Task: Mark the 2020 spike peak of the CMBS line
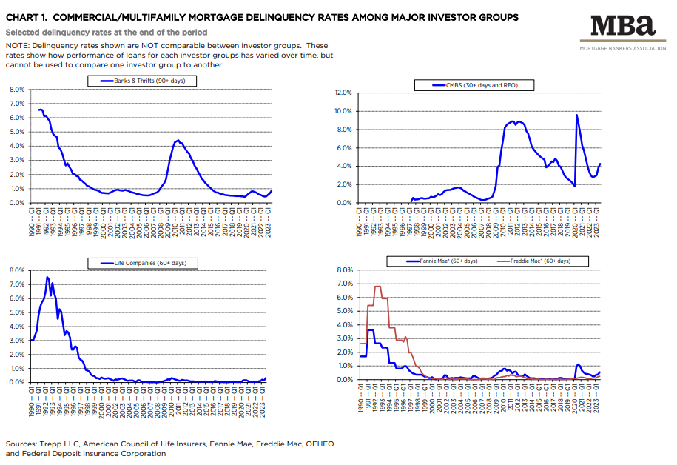(576, 115)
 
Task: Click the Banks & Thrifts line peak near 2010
(177, 140)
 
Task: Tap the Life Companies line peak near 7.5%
(47, 278)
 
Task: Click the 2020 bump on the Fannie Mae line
(578, 364)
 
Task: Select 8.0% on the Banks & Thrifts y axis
(16, 90)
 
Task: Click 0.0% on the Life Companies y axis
(16, 382)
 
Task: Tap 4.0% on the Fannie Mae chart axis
(346, 325)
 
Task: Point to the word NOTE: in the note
(18, 46)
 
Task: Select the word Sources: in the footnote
(23, 444)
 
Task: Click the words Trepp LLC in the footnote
(64, 444)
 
